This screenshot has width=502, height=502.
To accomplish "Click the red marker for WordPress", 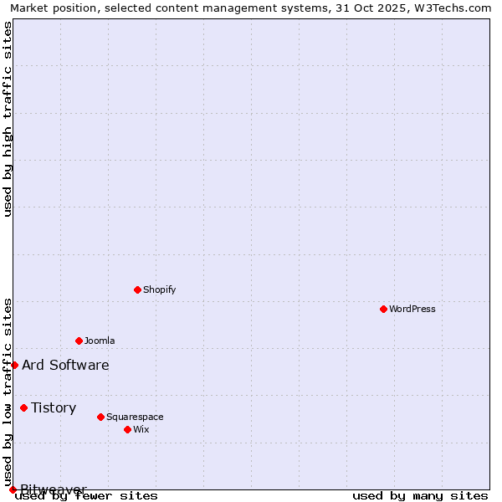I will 383,309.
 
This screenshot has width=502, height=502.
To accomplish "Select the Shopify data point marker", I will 137,289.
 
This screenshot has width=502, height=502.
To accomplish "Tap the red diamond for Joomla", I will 79,341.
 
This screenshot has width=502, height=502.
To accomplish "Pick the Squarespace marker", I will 100,417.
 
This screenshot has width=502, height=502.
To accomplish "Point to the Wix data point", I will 127,429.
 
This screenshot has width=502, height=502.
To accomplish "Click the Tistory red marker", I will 23,407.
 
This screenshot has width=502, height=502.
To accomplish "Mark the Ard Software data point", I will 14,365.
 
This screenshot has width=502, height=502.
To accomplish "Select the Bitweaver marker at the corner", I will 13,489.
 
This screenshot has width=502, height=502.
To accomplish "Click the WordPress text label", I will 412,309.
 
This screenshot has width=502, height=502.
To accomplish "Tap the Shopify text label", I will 159,289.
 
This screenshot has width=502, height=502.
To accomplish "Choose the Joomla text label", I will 100,341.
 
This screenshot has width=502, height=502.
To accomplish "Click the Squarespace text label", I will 135,417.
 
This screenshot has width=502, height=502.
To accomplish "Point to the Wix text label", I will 141,429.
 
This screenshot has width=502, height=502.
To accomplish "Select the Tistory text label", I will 54,407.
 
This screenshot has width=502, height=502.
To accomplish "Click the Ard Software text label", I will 65,365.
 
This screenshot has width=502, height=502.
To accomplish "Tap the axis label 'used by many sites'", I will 420,495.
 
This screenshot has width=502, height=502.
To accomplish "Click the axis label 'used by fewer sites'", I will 87,495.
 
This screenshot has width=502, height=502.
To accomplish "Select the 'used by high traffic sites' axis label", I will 8,119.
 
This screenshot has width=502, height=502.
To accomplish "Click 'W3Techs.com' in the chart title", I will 453,8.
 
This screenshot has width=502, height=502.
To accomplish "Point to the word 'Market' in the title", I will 29,8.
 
